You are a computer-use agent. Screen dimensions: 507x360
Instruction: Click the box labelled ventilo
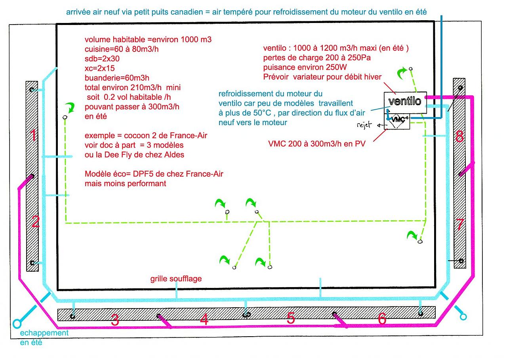coord(404,101)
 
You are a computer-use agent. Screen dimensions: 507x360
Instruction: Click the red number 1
coord(34,136)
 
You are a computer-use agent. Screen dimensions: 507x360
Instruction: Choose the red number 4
coord(204,319)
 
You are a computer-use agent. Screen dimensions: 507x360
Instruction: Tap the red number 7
coord(460,225)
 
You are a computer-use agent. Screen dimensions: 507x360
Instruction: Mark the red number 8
coord(459,137)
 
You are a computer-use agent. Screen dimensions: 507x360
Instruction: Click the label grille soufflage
coord(176,279)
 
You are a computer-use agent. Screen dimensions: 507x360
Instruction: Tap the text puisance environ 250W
coord(307,67)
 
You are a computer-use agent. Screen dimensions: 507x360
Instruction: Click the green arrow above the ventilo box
coord(403,73)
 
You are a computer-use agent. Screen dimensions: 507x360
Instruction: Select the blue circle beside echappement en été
coord(17,323)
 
